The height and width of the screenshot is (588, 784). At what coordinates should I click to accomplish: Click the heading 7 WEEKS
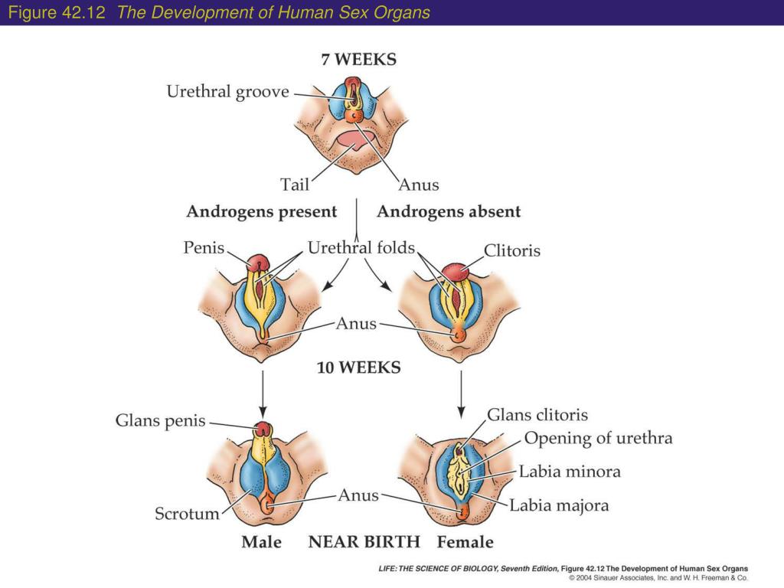358,60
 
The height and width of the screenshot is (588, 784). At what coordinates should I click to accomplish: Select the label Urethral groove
228,92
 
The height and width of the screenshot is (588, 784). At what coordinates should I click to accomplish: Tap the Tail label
295,185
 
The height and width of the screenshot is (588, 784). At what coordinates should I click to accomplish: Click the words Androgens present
261,212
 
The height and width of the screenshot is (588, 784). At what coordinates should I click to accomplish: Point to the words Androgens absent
449,212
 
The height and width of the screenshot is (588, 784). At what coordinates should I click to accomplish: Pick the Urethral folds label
361,248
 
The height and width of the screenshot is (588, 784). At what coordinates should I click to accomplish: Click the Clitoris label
512,250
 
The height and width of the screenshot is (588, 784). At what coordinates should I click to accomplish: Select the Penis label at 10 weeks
204,248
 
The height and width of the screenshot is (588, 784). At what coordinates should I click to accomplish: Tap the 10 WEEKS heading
358,367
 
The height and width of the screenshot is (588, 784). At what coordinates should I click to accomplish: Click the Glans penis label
161,421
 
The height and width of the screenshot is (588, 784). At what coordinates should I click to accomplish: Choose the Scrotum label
187,513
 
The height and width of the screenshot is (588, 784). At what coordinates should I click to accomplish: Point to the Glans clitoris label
537,415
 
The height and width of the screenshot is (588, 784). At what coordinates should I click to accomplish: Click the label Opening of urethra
598,439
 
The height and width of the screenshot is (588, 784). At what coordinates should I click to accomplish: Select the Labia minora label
570,472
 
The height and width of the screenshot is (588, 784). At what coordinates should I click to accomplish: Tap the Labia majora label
559,505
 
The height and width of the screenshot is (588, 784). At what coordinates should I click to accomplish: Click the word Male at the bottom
261,542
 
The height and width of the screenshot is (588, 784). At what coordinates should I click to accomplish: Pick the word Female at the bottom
465,542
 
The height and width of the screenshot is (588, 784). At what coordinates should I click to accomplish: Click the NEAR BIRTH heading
364,542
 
